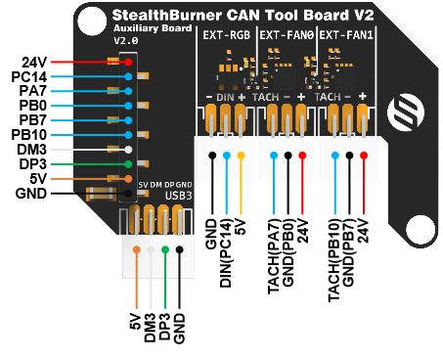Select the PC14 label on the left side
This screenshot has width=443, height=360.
[x=27, y=76]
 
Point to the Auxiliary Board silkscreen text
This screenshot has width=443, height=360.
[x=144, y=30]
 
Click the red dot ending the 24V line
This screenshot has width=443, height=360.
[x=128, y=62]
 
